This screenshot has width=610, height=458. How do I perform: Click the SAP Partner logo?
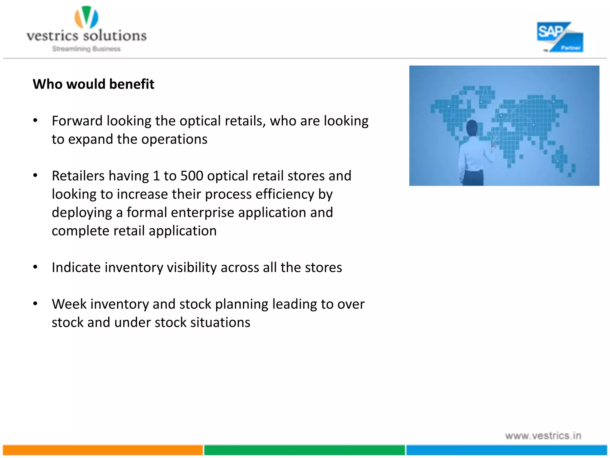coord(560,37)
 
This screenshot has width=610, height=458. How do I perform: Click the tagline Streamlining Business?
coord(86,49)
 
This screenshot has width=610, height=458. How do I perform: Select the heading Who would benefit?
coord(94,84)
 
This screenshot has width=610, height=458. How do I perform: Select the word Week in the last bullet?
coord(69,304)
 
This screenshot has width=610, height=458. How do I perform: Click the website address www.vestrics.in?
coord(543,436)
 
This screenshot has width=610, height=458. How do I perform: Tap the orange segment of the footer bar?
coord(103,450)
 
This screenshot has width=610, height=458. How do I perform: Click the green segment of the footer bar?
coord(304,450)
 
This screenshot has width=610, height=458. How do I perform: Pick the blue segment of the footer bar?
coord(506,450)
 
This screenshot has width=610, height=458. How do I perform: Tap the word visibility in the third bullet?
coord(192,267)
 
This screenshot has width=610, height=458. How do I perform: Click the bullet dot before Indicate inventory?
coord(35,267)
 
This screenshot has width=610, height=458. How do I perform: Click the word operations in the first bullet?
coord(174,140)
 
